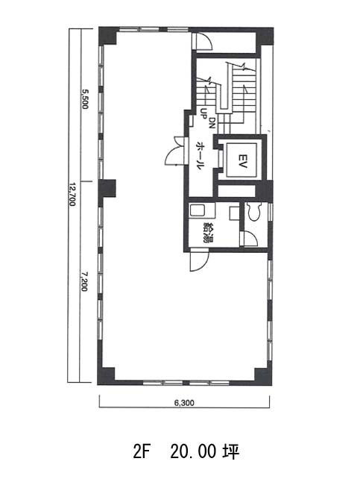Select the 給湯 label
(209, 232)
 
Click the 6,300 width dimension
(184, 403)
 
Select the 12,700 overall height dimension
(72, 194)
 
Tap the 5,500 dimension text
(84, 98)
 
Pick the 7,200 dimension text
(84, 281)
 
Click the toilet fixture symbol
(253, 211)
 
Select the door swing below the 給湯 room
(199, 260)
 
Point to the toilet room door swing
(250, 239)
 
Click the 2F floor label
(140, 451)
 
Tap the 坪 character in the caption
(231, 451)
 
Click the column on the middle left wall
(107, 188)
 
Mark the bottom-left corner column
(106, 376)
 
